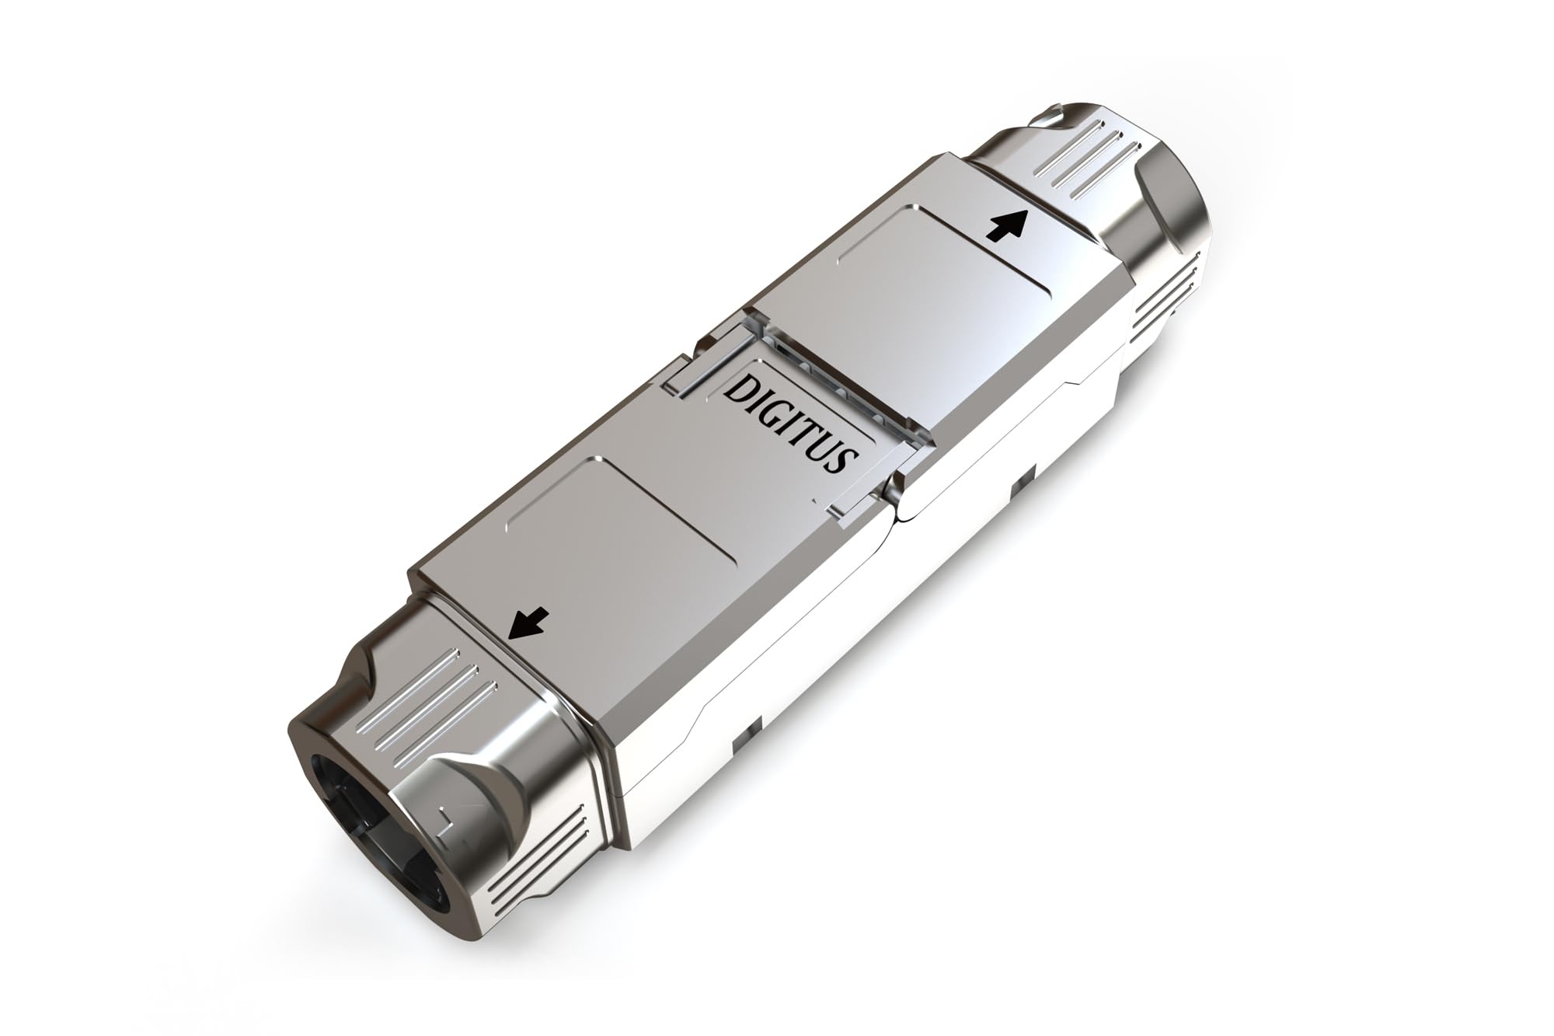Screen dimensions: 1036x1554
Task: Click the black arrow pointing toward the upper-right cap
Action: pyautogui.click(x=1005, y=226)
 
